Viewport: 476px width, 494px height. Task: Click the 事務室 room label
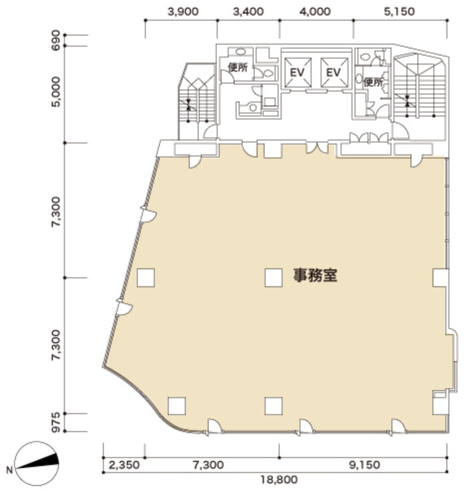316,276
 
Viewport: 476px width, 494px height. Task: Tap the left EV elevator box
298,73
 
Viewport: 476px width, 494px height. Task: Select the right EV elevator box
334,73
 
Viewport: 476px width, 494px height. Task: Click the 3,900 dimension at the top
183,12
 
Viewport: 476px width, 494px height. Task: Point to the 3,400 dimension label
248,12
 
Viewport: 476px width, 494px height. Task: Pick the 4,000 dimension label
315,12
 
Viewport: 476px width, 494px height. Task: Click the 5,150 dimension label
399,12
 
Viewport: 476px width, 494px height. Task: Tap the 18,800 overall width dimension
279,480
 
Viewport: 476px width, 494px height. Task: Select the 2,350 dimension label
124,465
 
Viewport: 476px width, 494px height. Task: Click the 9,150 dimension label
364,465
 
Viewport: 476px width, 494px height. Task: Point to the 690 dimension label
55,41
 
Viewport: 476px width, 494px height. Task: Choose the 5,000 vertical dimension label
55,92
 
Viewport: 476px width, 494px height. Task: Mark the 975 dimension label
55,422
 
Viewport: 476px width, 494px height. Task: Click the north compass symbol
37,463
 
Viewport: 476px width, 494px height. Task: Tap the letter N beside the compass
9,470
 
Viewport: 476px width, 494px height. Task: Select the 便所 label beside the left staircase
238,67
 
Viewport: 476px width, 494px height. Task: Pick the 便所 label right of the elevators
373,83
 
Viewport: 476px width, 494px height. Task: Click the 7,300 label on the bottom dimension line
208,465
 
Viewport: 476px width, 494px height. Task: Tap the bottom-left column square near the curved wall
176,406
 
